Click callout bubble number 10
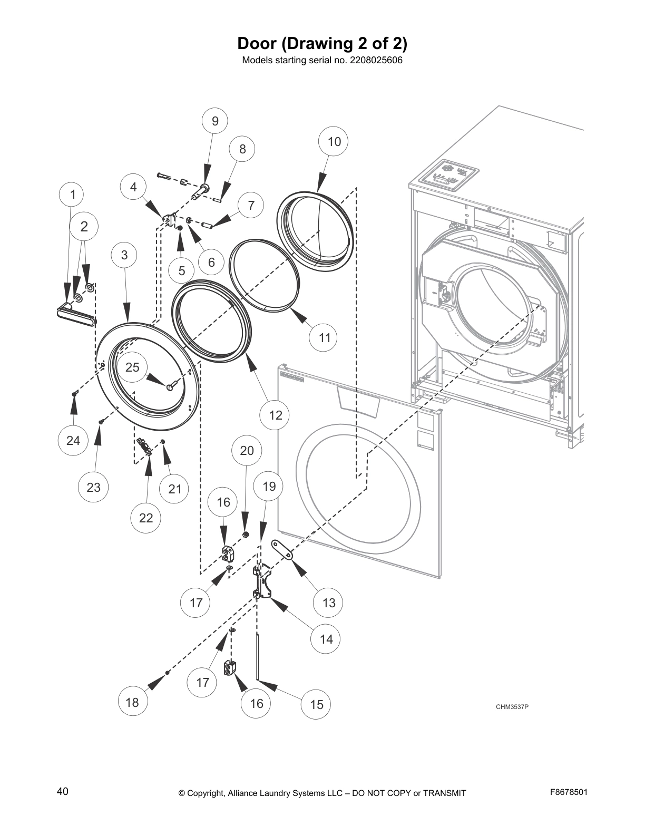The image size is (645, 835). pos(334,141)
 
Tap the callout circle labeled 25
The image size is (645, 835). pos(132,367)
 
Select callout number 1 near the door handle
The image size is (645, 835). pos(73,195)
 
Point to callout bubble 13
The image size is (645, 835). pos(328,603)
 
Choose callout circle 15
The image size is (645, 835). pos(316,704)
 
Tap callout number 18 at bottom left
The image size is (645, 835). pos(132,702)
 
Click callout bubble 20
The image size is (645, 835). pos(247,450)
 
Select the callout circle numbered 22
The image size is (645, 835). pos(146,518)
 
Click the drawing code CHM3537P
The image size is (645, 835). pos(511,707)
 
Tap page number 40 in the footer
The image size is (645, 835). pos(62,791)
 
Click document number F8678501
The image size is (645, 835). pos(568,792)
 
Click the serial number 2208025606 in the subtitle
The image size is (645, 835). pos(376,60)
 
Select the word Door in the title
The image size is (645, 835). pos(258,42)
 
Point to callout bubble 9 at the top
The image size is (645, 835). pos(215,121)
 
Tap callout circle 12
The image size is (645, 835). pos(276,415)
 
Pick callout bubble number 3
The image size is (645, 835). pos(124,255)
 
